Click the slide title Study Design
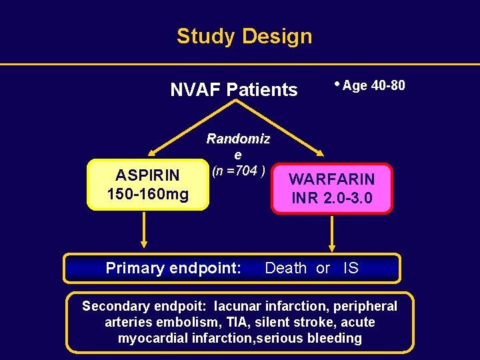point(244,36)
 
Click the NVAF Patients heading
point(233,89)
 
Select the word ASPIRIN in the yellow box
point(147,175)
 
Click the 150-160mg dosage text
point(147,195)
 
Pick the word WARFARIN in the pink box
point(331,179)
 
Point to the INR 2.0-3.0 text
point(331,199)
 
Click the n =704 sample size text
point(239,171)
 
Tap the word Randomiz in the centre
point(238,139)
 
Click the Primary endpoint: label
point(173,268)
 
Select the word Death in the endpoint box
point(286,268)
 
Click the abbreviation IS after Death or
point(351,268)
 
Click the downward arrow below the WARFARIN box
point(333,234)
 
